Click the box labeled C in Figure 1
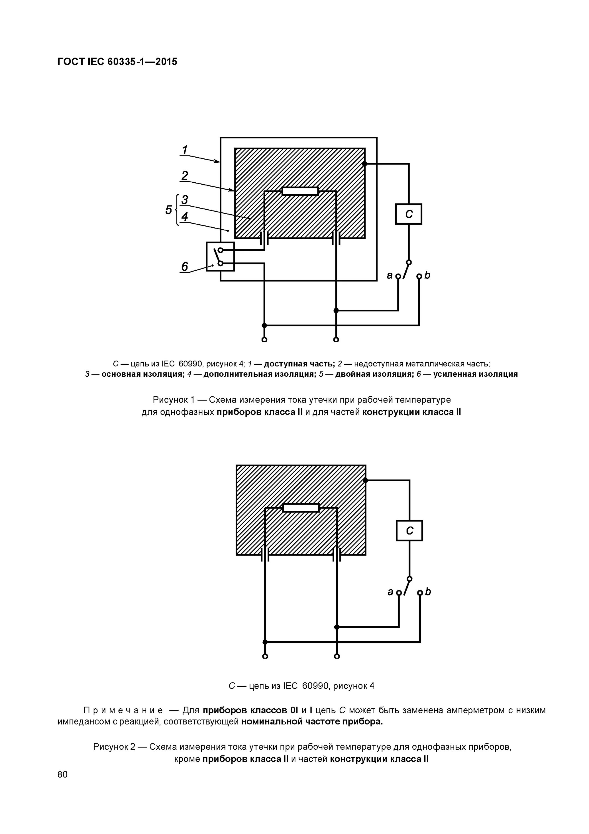[x=409, y=214]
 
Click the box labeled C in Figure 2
[x=409, y=531]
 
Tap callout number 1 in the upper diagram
[x=185, y=150]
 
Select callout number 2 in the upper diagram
[x=185, y=176]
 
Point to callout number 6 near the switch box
[x=185, y=267]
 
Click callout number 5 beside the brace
[x=168, y=210]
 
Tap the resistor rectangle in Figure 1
[x=300, y=191]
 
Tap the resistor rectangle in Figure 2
[x=301, y=507]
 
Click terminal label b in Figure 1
[x=427, y=275]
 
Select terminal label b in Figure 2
[x=428, y=592]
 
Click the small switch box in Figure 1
[x=220, y=256]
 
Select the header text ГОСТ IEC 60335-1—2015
[x=117, y=62]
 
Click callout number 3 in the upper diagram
[x=185, y=199]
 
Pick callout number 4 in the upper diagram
[x=185, y=217]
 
